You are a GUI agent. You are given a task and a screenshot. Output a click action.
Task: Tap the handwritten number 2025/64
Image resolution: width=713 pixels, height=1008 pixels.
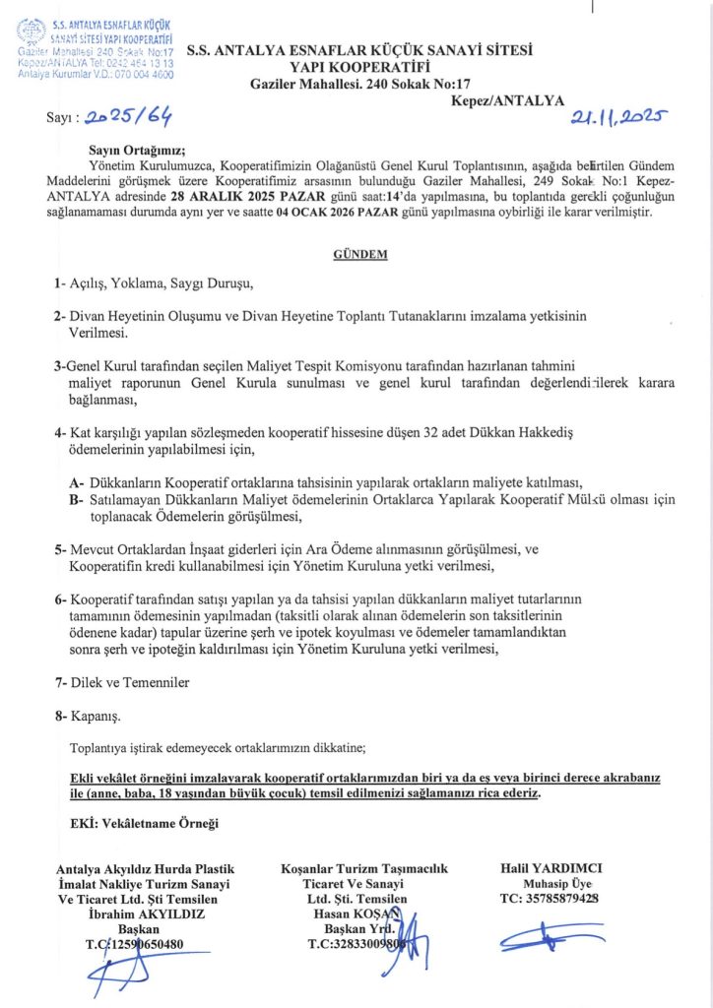(128, 120)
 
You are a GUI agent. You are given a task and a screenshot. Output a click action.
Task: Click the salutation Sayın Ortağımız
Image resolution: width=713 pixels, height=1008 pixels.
(130, 151)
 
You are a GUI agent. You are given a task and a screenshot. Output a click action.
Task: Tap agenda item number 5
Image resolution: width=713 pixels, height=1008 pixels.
(60, 549)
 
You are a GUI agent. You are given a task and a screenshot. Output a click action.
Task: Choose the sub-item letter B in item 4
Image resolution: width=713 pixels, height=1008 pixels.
(76, 499)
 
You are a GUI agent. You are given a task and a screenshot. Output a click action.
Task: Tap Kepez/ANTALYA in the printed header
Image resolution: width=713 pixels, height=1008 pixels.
(507, 99)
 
